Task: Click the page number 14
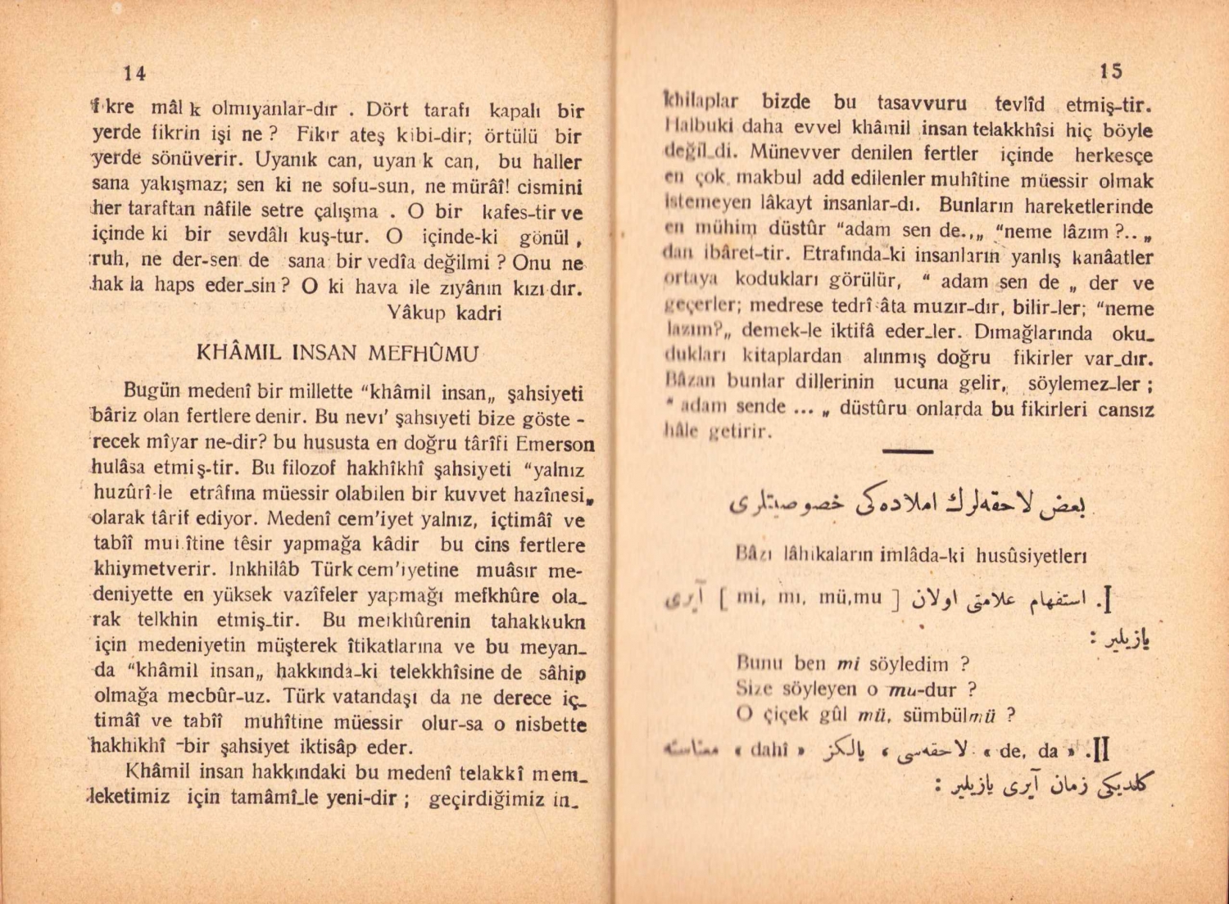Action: [x=134, y=73]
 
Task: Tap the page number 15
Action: [x=1111, y=71]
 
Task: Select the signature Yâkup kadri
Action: [x=443, y=313]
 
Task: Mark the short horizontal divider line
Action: [x=907, y=451]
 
